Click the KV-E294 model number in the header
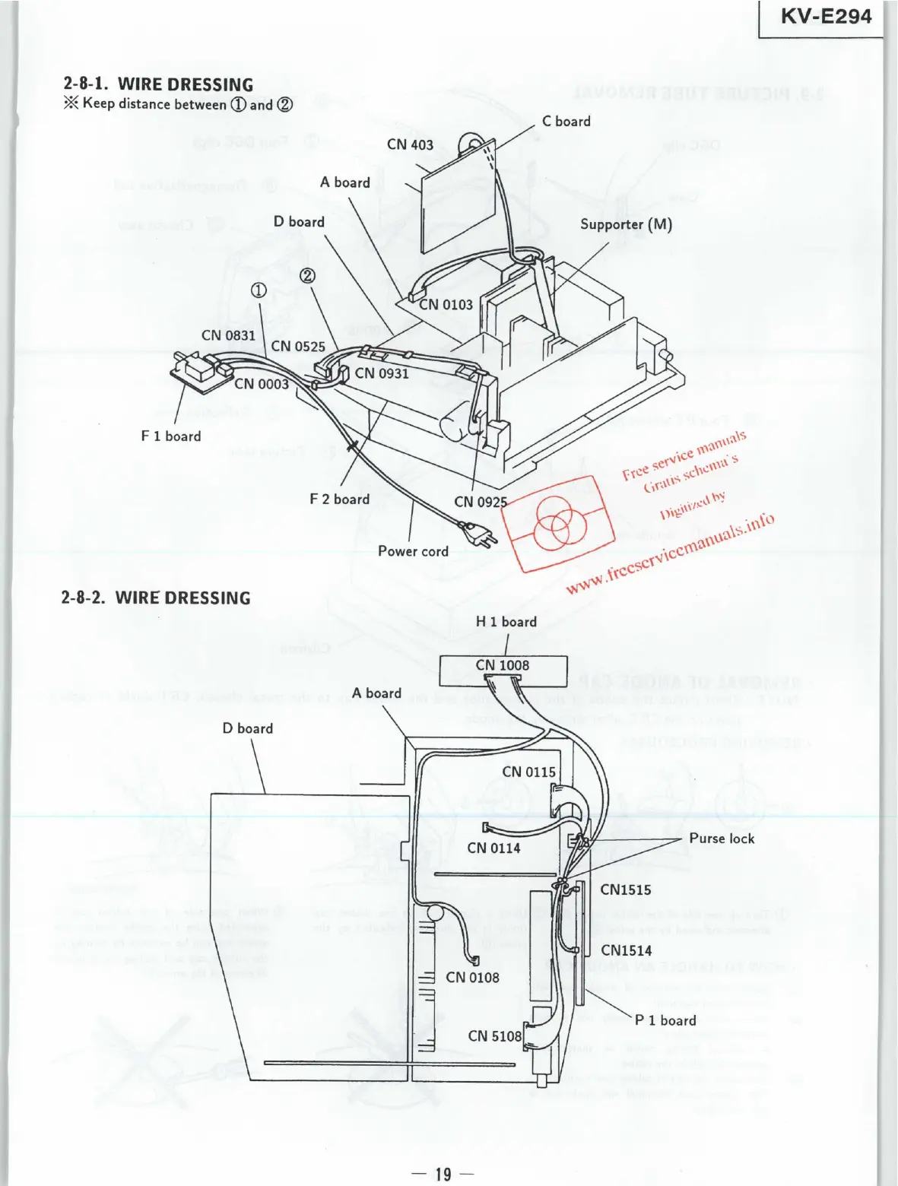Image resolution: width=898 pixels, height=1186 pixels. pyautogui.click(x=826, y=16)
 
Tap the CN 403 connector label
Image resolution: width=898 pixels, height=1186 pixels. pyautogui.click(x=410, y=144)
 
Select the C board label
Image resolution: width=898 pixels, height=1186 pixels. pyautogui.click(x=566, y=121)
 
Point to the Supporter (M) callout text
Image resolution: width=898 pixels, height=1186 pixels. pyautogui.click(x=626, y=224)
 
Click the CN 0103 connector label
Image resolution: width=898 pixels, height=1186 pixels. pyautogui.click(x=446, y=305)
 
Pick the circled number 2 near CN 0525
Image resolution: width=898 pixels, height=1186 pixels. pyautogui.click(x=307, y=276)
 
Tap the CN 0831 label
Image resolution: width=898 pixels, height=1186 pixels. pyautogui.click(x=228, y=335)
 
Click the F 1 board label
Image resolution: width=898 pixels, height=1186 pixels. pyautogui.click(x=171, y=436)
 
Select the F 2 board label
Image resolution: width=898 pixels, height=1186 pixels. pyautogui.click(x=339, y=499)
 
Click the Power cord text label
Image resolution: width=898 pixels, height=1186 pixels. pyautogui.click(x=413, y=551)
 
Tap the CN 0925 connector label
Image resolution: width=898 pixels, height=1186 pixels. pyautogui.click(x=481, y=502)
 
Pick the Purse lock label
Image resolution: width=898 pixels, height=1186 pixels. pyautogui.click(x=722, y=839)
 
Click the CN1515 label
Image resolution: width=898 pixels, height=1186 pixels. pyautogui.click(x=626, y=890)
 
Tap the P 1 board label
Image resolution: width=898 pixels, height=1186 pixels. pyautogui.click(x=665, y=1020)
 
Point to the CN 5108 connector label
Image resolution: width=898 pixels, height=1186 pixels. pyautogui.click(x=495, y=1036)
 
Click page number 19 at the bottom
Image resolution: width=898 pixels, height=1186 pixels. pyautogui.click(x=443, y=1174)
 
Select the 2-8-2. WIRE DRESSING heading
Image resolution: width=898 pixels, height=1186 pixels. pyautogui.click(x=156, y=598)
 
